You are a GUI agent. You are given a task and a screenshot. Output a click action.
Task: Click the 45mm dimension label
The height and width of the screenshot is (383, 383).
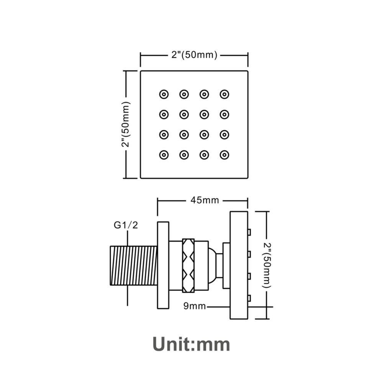[x=205, y=201]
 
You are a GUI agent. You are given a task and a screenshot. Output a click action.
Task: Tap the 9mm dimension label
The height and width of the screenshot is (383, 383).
[x=195, y=306]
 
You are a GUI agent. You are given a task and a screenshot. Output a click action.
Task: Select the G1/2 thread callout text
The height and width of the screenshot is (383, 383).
[x=126, y=225]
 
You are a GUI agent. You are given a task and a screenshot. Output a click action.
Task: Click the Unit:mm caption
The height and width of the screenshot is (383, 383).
[x=191, y=344]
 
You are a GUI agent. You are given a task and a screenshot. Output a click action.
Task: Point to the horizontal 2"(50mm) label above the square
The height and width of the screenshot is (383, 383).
[x=194, y=55]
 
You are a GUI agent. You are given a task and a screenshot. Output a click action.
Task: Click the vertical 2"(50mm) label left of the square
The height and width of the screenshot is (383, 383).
[x=126, y=124]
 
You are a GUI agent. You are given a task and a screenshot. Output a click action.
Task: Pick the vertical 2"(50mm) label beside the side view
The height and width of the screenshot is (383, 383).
[x=267, y=265]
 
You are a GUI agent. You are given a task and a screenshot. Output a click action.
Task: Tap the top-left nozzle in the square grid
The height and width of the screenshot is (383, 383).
[x=164, y=94]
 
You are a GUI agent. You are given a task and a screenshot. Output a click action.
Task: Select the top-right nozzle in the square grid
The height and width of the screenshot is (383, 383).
[x=224, y=94]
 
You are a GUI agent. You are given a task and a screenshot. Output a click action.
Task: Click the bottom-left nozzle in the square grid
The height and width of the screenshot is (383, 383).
[x=164, y=155]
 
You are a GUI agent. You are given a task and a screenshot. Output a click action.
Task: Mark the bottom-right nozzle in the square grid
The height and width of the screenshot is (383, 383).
[x=224, y=155]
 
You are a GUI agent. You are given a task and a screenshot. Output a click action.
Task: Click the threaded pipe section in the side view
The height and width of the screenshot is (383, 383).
[x=134, y=265]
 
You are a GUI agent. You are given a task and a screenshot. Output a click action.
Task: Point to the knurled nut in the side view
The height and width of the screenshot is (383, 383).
[x=188, y=265]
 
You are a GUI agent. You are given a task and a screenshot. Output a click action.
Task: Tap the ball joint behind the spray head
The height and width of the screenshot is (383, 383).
[x=213, y=265]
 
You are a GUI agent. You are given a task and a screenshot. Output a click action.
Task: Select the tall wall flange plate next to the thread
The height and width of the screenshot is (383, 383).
[x=163, y=265]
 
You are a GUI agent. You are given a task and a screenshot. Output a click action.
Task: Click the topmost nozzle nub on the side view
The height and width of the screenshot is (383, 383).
[x=249, y=232]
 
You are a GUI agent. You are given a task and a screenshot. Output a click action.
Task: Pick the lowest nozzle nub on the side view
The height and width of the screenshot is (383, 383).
[x=249, y=298]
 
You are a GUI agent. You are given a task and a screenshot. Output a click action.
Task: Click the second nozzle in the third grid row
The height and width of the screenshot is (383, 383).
[x=184, y=134]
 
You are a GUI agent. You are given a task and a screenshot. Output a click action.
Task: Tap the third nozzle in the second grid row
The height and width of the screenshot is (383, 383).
[x=204, y=114]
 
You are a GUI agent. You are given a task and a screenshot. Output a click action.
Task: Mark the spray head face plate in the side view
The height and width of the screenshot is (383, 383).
[x=239, y=265]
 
